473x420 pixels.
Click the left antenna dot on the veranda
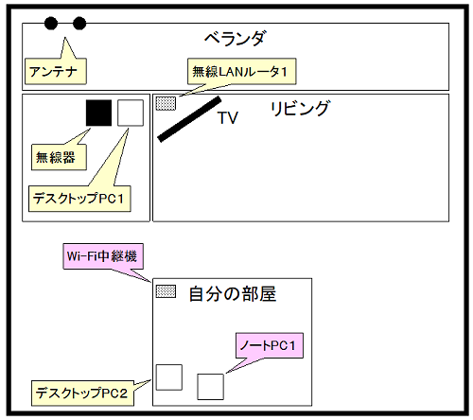tap(51, 24)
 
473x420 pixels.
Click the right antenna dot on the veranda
tap(79, 24)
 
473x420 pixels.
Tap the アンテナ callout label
tap(56, 71)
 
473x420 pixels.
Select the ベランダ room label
tap(235, 39)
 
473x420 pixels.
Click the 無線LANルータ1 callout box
tap(242, 71)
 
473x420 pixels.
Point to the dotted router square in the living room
tap(166, 103)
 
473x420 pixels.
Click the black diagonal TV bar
tap(189, 119)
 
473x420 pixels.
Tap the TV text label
tap(228, 118)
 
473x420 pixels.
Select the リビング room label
tap(300, 109)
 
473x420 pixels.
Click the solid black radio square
tap(98, 113)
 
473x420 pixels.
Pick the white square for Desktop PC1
tap(131, 113)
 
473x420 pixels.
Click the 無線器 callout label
tap(59, 157)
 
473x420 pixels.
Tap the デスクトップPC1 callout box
tap(79, 199)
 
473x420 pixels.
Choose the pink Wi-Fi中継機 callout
tap(103, 256)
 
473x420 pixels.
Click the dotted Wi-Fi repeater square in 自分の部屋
tap(166, 291)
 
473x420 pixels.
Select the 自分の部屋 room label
tap(233, 294)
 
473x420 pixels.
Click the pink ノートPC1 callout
tap(270, 345)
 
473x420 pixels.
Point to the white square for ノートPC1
tap(211, 387)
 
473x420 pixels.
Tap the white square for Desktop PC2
tap(169, 377)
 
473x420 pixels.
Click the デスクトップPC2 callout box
tap(82, 394)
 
